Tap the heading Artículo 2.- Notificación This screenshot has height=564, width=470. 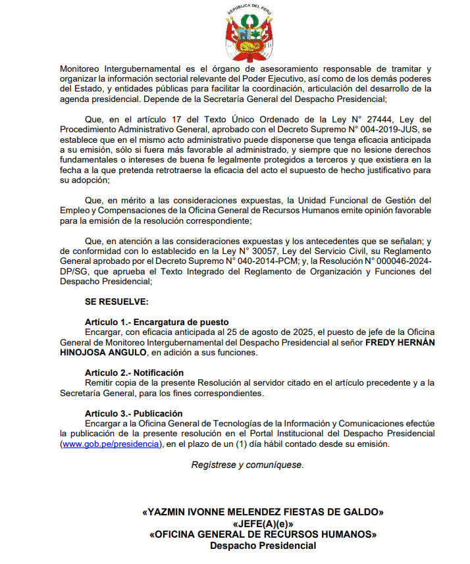pyautogui.click(x=134, y=372)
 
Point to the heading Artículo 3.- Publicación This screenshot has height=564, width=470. pyautogui.click(x=134, y=413)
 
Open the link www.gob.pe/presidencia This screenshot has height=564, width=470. pyautogui.click(x=111, y=444)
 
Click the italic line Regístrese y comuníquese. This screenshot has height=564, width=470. pyautogui.click(x=248, y=465)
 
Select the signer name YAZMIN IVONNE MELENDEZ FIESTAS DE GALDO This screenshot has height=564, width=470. pyautogui.click(x=263, y=512)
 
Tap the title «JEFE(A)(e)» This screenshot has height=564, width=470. pyautogui.click(x=263, y=524)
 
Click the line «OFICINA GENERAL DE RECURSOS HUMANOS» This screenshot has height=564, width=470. pyautogui.click(x=263, y=534)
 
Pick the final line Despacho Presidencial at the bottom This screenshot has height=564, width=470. pyautogui.click(x=263, y=546)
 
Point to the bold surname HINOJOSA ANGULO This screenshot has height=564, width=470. pyautogui.click(x=103, y=353)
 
